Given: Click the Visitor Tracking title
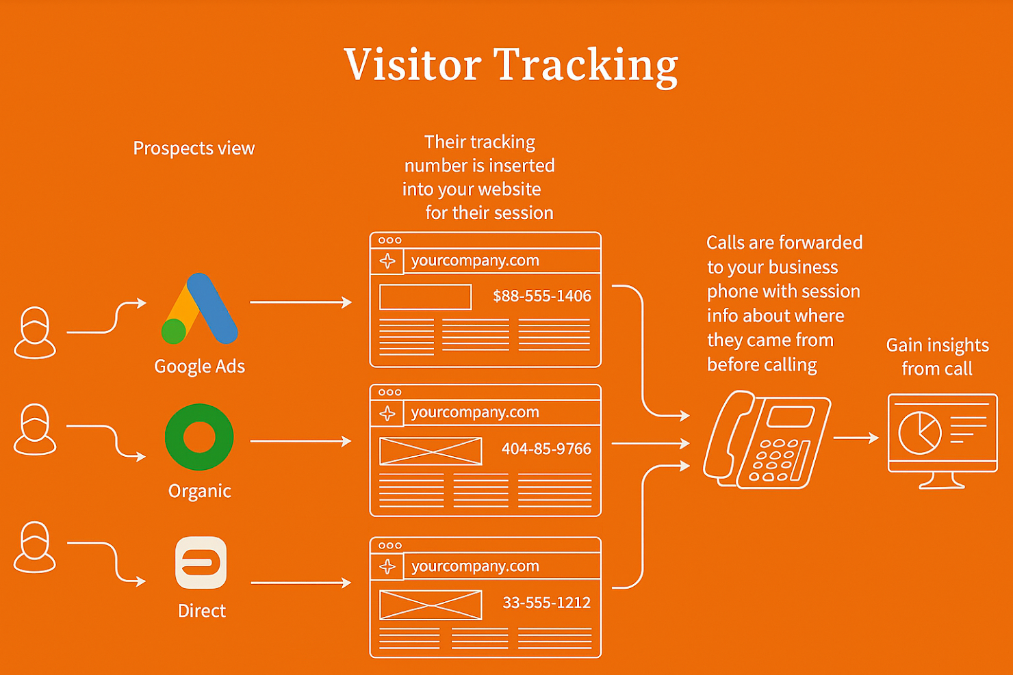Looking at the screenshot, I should pos(511,66).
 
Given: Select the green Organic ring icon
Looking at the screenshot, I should pos(199,438).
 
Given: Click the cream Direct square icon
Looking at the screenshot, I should pos(201,563).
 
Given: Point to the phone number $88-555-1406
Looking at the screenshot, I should pos(541,296).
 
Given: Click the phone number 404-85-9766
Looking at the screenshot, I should pos(546,449).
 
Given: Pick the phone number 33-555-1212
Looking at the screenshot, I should pos(546,603).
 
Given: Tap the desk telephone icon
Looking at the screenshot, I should pos(767,439).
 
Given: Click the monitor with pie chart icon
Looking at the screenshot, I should pos(943,438).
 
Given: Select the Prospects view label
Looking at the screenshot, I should pos(194,148).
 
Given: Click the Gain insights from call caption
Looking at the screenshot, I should pos(937,357).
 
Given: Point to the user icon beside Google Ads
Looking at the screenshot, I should pos(35,332).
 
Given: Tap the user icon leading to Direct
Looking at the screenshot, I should pos(35,547).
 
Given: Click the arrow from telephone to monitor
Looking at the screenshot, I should pos(856,438).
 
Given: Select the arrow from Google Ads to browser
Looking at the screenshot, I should pos(300,302).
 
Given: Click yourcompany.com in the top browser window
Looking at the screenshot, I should pos(475,261).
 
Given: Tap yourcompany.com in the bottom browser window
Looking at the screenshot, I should pos(475,566).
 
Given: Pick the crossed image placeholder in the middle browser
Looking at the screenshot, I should pos(431,451).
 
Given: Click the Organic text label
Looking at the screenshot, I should pos(199,491).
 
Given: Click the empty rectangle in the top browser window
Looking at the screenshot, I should pos(425,297).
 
